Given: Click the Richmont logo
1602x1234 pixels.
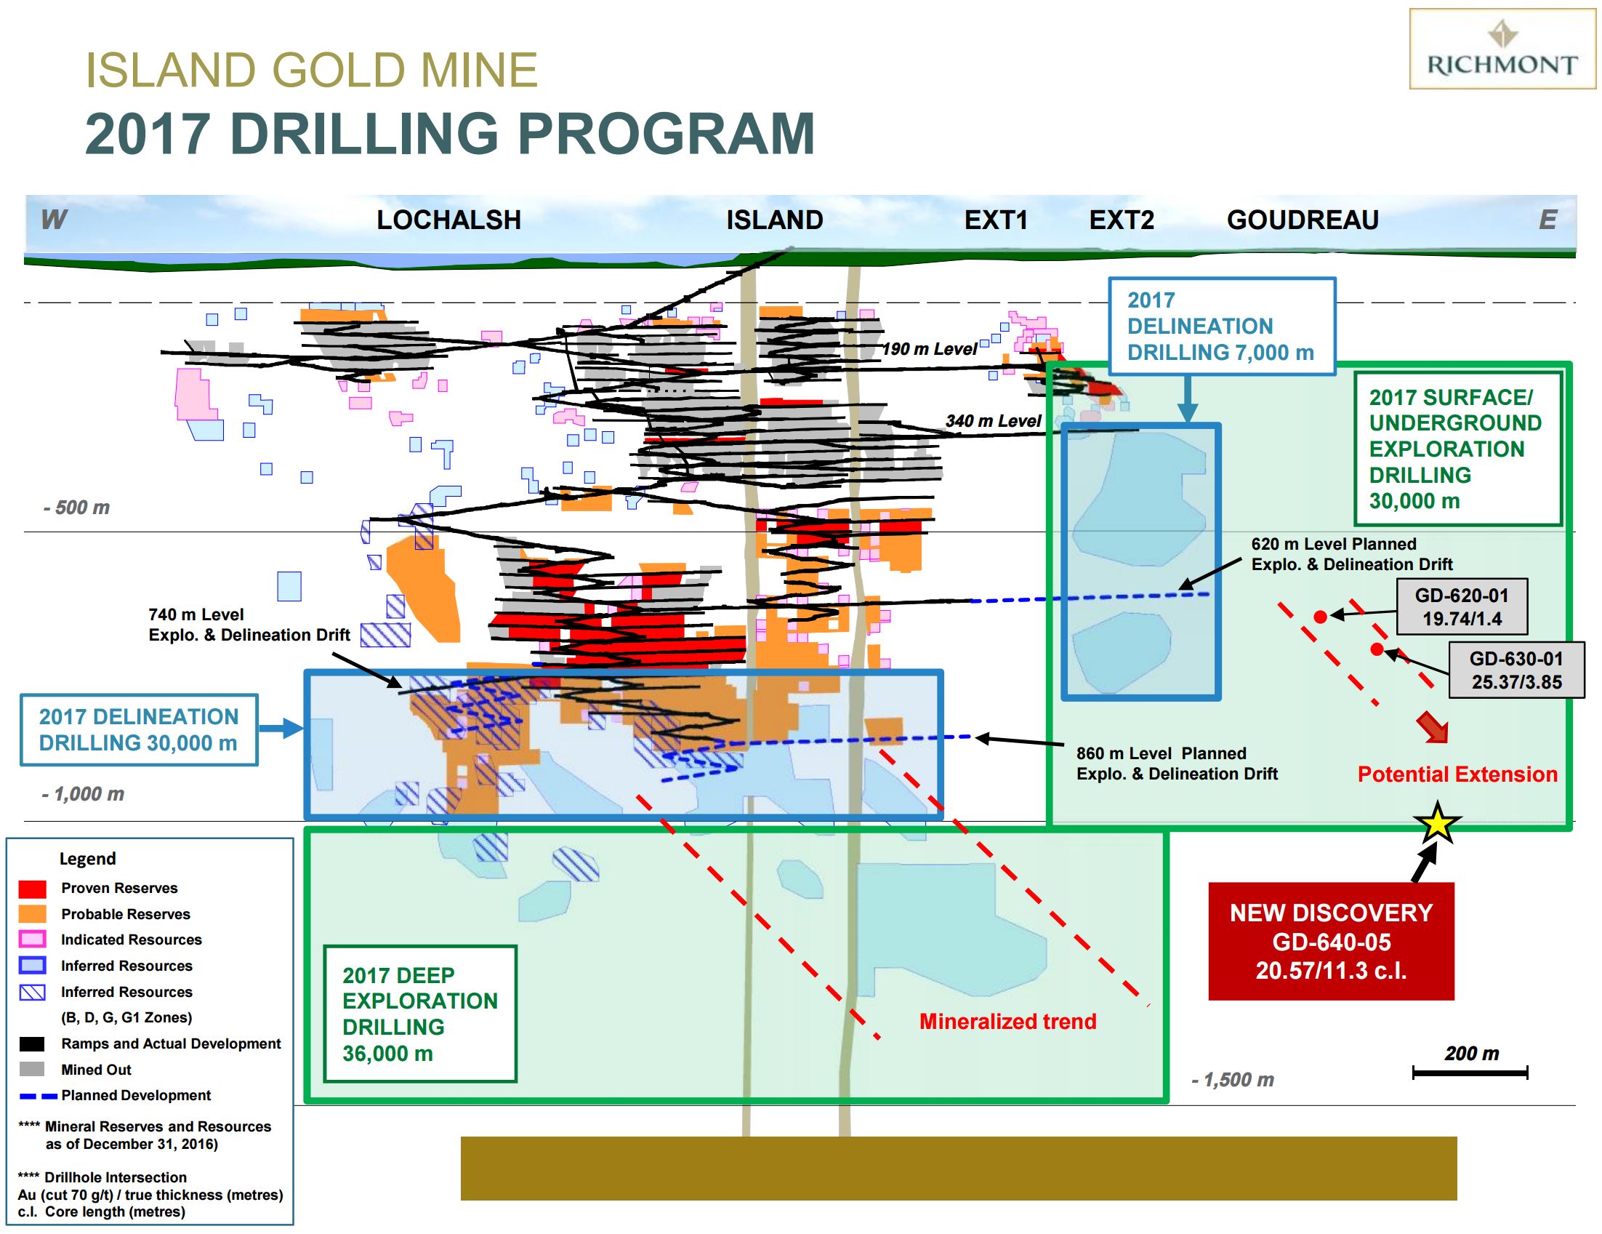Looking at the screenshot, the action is pos(1502,49).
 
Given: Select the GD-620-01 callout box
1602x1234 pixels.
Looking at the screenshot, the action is pos(1462,606).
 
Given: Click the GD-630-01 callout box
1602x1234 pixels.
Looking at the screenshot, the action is pos(1516,670).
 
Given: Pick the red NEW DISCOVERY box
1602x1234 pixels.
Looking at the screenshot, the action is pos(1331,941).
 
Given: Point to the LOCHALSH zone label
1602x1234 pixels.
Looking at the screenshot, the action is pos(449,220).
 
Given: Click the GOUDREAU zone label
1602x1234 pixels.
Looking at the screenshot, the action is pos(1303,220).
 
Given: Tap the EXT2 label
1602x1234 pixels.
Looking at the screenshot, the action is pos(1122,220).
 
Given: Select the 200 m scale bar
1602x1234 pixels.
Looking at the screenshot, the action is pos(1470,1073).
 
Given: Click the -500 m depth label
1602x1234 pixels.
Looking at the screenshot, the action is pos(76,508).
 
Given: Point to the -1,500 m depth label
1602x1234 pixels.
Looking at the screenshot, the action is pos(1233,1080).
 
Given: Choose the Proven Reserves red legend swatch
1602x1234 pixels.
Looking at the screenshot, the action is pos(32,889).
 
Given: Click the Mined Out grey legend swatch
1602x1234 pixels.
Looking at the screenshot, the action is pos(32,1070).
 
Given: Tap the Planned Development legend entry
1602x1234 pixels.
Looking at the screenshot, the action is pos(114,1096).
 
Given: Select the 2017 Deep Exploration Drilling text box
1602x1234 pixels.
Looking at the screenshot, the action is pos(420,1014).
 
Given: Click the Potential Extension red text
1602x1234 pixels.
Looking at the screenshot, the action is pos(1457,774).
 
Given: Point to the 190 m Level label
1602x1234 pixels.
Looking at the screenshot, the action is pos(930,349).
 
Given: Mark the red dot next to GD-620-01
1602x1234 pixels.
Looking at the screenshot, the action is pos(1320,617).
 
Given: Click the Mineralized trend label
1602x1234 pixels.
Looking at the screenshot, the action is pos(1008,1021).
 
